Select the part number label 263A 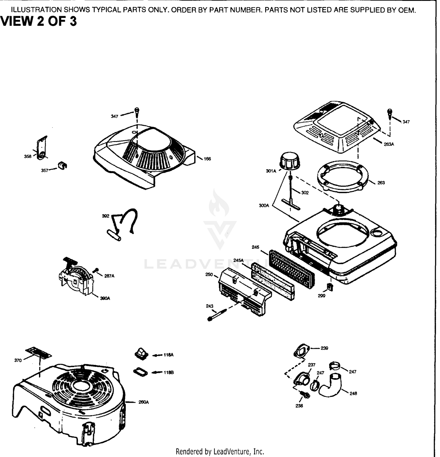389,144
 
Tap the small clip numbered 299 330,287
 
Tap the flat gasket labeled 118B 141,372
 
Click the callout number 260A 143,402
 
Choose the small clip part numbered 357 62,165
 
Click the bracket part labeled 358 42,148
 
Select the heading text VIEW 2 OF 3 39,22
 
